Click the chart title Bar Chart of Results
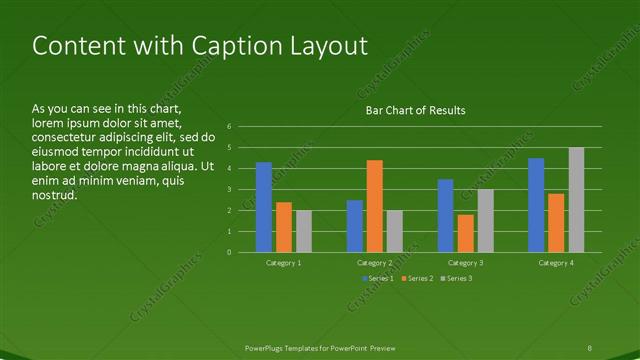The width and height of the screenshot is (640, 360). tap(415, 110)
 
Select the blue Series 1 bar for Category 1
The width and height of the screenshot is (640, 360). tap(264, 207)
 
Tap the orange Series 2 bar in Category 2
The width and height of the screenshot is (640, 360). tap(374, 206)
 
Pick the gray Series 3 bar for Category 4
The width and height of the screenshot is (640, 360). tap(576, 200)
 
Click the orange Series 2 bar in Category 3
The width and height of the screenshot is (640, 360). tap(465, 233)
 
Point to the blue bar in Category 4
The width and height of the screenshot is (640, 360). tap(536, 205)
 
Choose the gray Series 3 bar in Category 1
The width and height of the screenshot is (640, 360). tap(304, 231)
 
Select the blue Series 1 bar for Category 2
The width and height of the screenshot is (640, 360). tap(354, 226)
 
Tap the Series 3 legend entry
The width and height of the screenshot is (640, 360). tap(457, 277)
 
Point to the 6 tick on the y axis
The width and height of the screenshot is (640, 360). tap(230, 127)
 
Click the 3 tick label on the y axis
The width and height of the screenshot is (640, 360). tap(230, 190)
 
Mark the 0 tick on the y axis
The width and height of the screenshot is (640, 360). tap(230, 252)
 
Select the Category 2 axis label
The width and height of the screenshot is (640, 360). tap(375, 262)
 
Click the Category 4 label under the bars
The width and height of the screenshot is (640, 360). tap(556, 262)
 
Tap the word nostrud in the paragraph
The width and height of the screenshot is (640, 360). tap(55, 196)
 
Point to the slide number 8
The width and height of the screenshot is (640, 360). tap(590, 347)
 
